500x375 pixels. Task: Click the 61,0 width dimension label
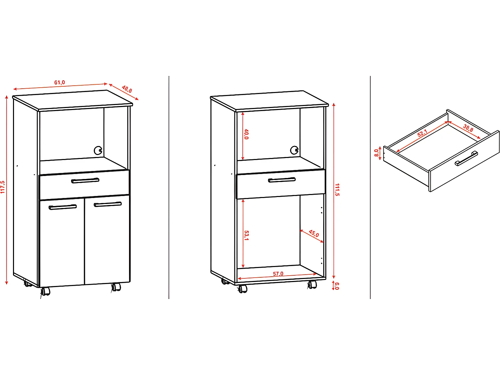coord(60,82)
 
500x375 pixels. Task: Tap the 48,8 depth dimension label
coord(127,89)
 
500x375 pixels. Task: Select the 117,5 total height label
coord(3,187)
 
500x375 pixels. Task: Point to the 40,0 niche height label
coord(246,134)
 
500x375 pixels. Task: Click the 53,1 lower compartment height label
coord(246,235)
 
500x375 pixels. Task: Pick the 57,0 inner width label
coord(278,274)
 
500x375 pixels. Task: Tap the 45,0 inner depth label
coord(314,233)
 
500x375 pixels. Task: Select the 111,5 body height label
coord(337,189)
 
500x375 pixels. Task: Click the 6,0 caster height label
coord(337,286)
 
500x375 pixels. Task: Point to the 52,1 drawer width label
coord(422,133)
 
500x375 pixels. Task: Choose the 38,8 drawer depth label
coord(468,128)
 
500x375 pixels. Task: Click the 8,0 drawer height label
coord(376,153)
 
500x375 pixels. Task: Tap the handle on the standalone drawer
coord(466,158)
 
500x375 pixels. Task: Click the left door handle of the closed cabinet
coord(63,207)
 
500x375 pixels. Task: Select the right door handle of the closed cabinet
coord(108,204)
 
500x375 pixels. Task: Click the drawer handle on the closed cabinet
coord(85,181)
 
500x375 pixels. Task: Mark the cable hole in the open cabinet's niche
coord(294,150)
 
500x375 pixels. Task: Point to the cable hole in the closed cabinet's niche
coord(98,151)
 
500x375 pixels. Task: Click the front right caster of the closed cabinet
coord(116,287)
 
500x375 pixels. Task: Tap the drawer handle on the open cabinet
coord(282,180)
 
